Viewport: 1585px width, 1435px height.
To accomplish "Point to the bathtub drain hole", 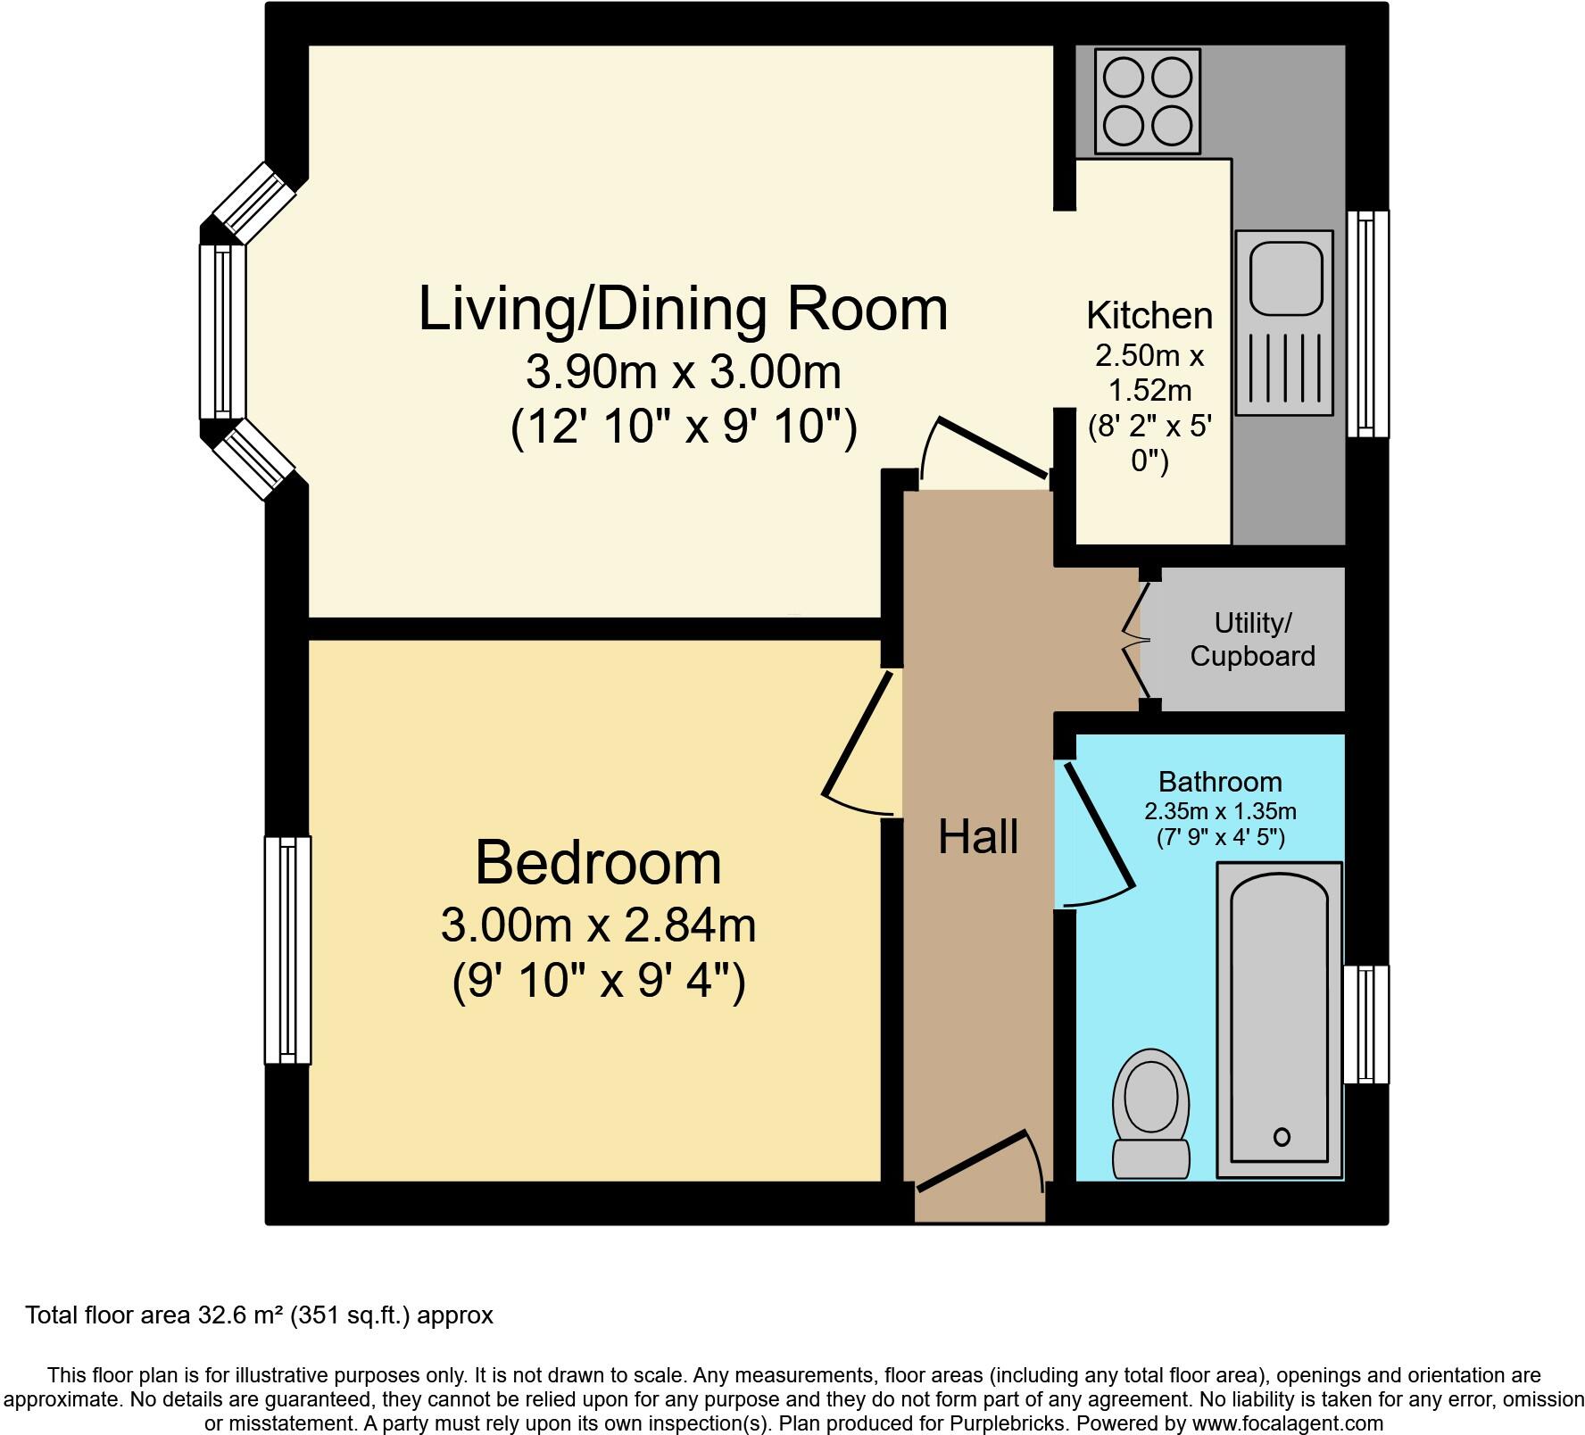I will coord(1282,1137).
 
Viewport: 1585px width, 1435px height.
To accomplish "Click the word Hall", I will coord(978,837).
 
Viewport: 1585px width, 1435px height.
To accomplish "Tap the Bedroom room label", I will coord(598,862).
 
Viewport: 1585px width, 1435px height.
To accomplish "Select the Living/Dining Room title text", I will coord(683,309).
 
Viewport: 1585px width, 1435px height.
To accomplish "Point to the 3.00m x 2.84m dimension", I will coord(598,925).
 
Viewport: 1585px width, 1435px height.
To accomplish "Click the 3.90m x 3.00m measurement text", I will coord(683,371).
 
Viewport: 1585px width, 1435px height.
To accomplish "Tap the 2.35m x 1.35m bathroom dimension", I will coord(1220,811).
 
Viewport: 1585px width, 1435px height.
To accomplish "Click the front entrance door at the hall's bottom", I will coord(977,1160).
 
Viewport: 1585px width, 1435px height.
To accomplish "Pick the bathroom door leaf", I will coord(1098,825).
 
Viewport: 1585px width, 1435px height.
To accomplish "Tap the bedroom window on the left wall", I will coord(287,950).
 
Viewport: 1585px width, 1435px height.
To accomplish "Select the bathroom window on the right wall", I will coord(1365,1024).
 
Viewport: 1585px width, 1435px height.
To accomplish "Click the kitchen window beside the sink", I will coord(1367,323).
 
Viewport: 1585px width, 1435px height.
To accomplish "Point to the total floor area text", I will coord(259,1315).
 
